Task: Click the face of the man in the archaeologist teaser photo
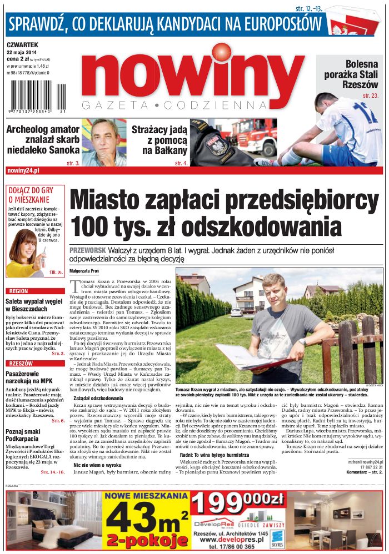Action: click(x=105, y=139)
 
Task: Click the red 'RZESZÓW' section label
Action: click(x=21, y=363)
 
